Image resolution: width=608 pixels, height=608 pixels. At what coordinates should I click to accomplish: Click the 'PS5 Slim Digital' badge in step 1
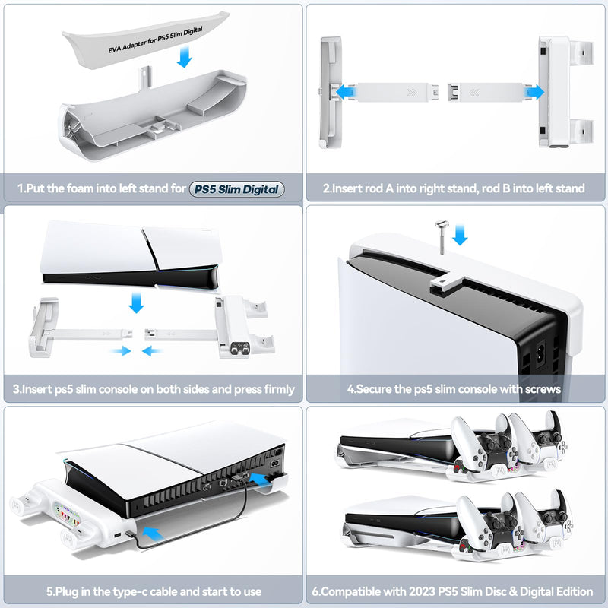(236, 189)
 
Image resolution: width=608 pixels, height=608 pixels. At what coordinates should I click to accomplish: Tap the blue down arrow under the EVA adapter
(184, 56)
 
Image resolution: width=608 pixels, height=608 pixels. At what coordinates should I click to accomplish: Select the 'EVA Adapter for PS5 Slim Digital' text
(155, 40)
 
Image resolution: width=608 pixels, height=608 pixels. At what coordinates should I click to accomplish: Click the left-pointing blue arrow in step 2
(346, 92)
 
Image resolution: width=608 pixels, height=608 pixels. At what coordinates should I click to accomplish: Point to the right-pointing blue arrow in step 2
(534, 92)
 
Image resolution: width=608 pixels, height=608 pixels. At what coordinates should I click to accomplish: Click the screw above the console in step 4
(442, 237)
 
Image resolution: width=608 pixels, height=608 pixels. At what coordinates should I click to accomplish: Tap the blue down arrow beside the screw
(460, 235)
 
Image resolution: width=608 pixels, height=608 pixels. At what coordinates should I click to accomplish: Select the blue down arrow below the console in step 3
(136, 302)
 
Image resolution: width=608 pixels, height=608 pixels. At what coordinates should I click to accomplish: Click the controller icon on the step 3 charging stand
(239, 347)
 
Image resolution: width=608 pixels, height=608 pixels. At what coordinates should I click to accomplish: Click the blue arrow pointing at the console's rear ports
(259, 480)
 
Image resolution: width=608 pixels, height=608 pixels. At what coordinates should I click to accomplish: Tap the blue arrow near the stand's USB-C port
(153, 533)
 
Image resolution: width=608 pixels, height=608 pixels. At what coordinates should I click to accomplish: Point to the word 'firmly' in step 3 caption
(279, 389)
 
